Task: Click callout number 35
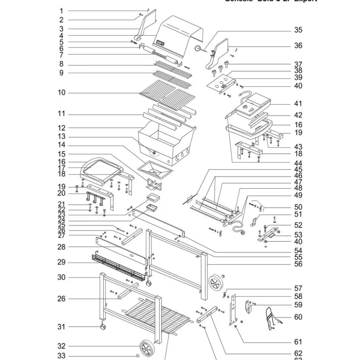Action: point(298,30)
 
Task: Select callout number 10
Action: point(61,93)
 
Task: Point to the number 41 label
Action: point(298,104)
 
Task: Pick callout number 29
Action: point(61,262)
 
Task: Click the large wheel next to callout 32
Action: point(147,348)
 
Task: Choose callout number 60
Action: point(298,317)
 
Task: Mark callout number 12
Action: point(61,128)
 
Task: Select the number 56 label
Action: point(298,264)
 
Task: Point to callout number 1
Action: point(61,11)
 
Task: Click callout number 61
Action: point(298,342)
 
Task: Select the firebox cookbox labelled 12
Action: point(167,143)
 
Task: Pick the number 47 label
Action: point(298,182)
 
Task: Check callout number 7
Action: point(61,55)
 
